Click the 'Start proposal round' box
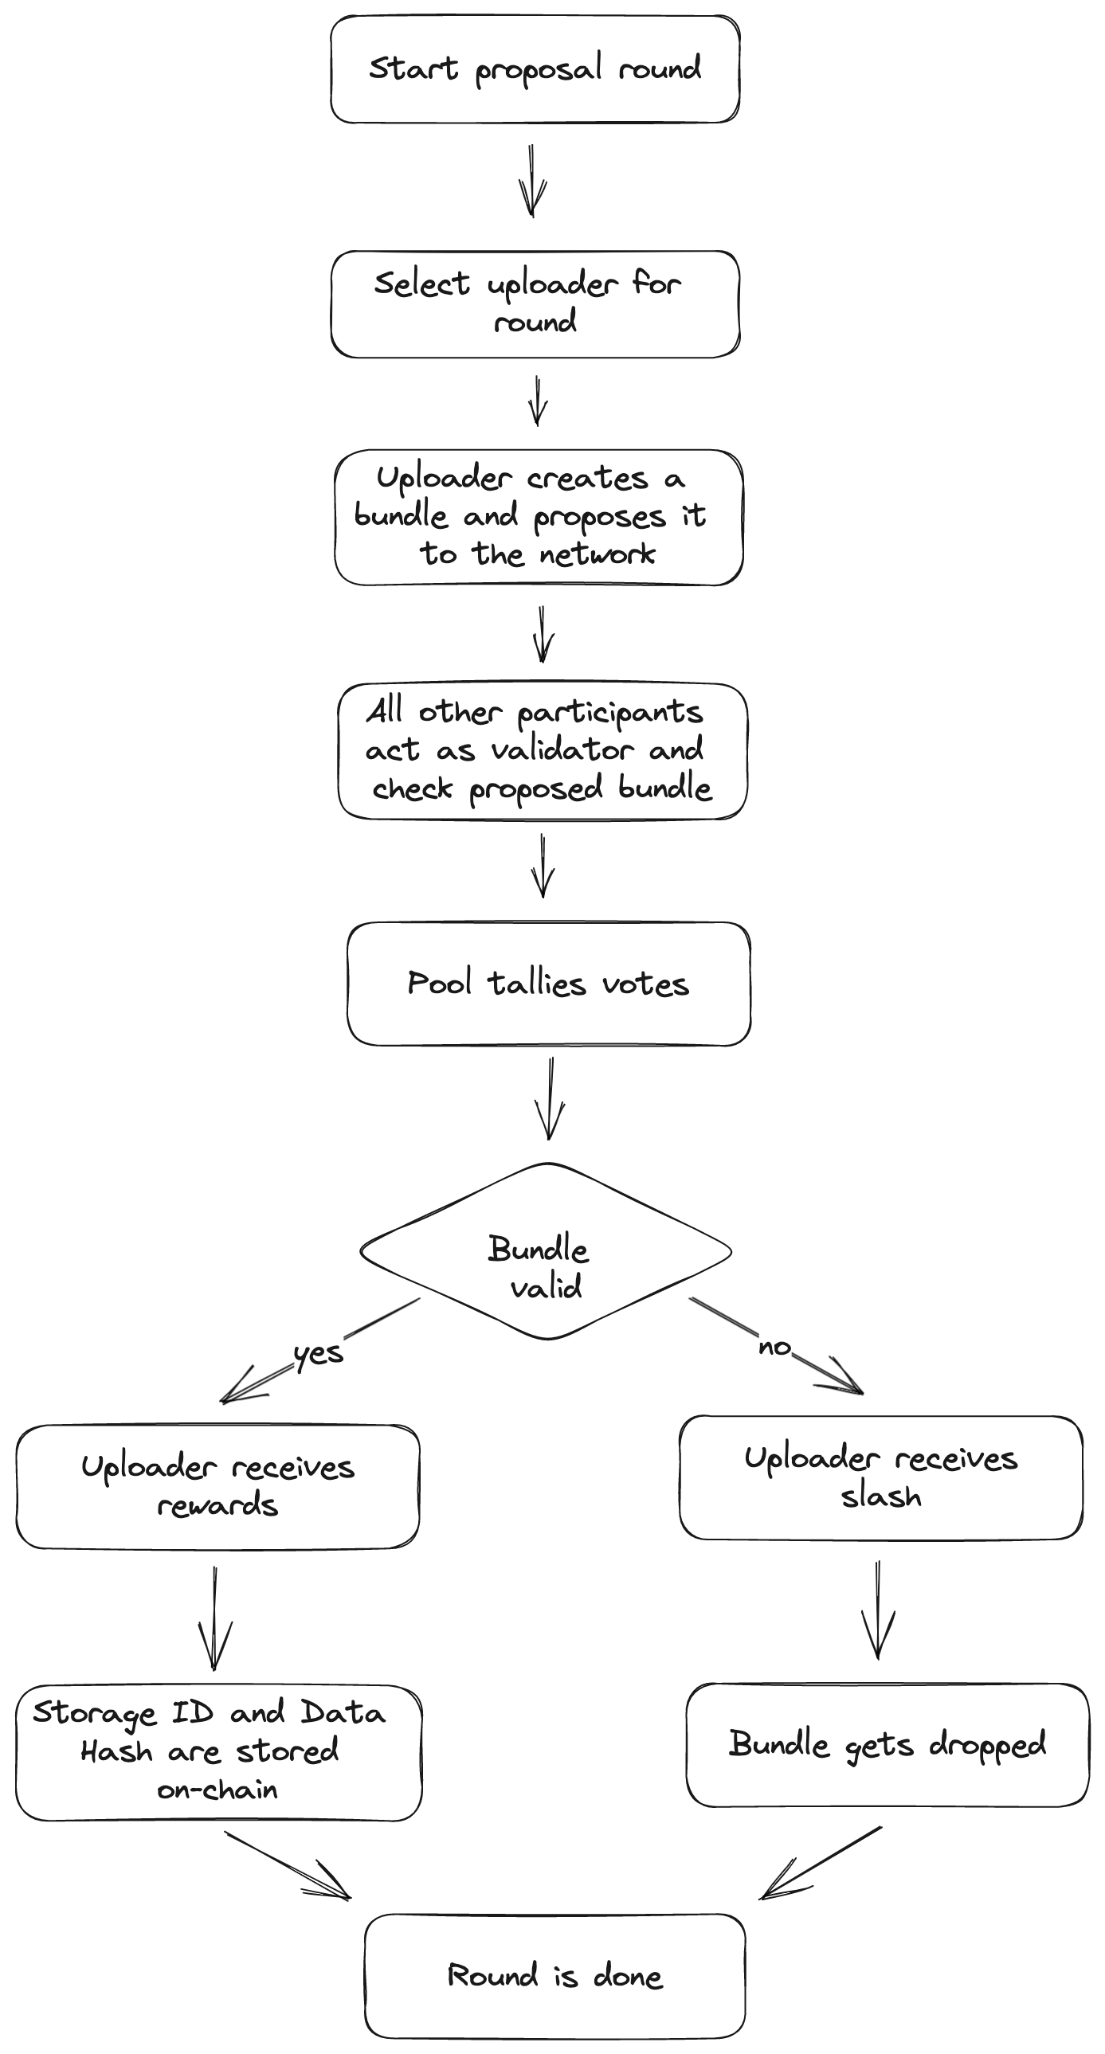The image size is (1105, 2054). pyautogui.click(x=535, y=69)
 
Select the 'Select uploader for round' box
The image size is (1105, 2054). pyautogui.click(x=535, y=303)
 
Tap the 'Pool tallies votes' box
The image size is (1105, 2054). pyautogui.click(x=549, y=984)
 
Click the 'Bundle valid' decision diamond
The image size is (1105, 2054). pyautogui.click(x=547, y=1251)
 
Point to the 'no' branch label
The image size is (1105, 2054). pyautogui.click(x=774, y=1347)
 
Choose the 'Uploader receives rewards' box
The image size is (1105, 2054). pyautogui.click(x=217, y=1487)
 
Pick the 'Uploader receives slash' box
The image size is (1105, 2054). pyautogui.click(x=881, y=1477)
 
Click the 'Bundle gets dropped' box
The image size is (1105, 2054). pyautogui.click(x=888, y=1746)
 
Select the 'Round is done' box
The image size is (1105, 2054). pyautogui.click(x=554, y=1976)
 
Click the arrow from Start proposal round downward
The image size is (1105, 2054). pyautogui.click(x=532, y=181)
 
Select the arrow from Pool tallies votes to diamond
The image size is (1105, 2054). pyautogui.click(x=550, y=1099)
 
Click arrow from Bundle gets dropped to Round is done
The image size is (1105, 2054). pyautogui.click(x=821, y=1863)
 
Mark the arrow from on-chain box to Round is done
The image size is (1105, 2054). pyautogui.click(x=288, y=1866)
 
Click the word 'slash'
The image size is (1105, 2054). pyautogui.click(x=881, y=1496)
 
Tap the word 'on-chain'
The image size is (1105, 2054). pyautogui.click(x=217, y=1790)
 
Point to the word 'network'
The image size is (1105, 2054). pyautogui.click(x=598, y=554)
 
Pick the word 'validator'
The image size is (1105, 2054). pyautogui.click(x=562, y=749)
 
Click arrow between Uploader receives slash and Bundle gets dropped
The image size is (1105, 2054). pyautogui.click(x=878, y=1610)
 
